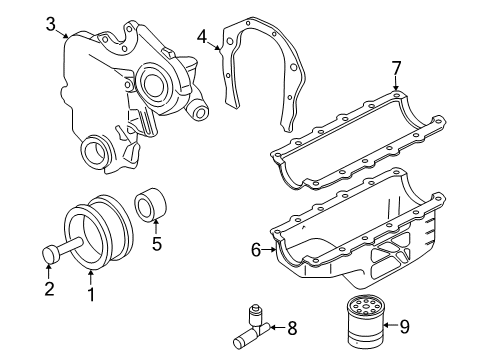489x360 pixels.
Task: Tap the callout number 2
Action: click(49, 289)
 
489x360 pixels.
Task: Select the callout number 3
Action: click(51, 24)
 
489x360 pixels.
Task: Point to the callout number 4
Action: click(202, 37)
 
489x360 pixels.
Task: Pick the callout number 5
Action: click(157, 244)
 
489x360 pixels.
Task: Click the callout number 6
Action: click(256, 250)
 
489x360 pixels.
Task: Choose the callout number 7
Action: click(396, 69)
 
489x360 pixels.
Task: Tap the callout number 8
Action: click(292, 328)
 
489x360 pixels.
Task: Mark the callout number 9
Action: click(404, 327)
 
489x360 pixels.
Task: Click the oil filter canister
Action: click(365, 321)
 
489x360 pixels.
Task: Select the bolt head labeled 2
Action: click(51, 255)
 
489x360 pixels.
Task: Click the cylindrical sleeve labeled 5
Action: click(150, 204)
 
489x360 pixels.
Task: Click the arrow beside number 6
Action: click(269, 249)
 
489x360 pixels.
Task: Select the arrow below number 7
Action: click(395, 84)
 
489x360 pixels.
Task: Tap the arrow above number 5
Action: click(155, 226)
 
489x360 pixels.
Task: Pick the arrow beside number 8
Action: click(277, 328)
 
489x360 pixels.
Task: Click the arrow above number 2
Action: click(49, 271)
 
